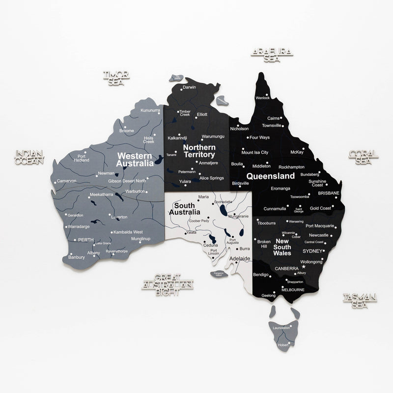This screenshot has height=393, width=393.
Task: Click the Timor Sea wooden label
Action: tap(116, 78)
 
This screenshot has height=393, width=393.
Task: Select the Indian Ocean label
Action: tap(29, 157)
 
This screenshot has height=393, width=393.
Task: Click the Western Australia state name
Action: tap(134, 159)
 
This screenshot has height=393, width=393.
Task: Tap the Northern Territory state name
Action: tap(199, 151)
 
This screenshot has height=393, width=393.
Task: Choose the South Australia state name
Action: tap(184, 209)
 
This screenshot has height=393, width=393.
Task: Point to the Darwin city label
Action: tap(189, 87)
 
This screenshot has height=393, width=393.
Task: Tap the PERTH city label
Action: tap(86, 240)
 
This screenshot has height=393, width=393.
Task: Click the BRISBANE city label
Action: tap(329, 193)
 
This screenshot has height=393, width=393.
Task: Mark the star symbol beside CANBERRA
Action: tap(303, 267)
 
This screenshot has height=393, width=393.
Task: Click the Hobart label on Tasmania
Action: tap(283, 345)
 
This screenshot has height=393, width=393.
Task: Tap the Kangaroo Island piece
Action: tap(217, 274)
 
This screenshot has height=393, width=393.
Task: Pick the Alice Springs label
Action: tap(211, 178)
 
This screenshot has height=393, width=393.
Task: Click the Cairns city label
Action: tap(274, 118)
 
